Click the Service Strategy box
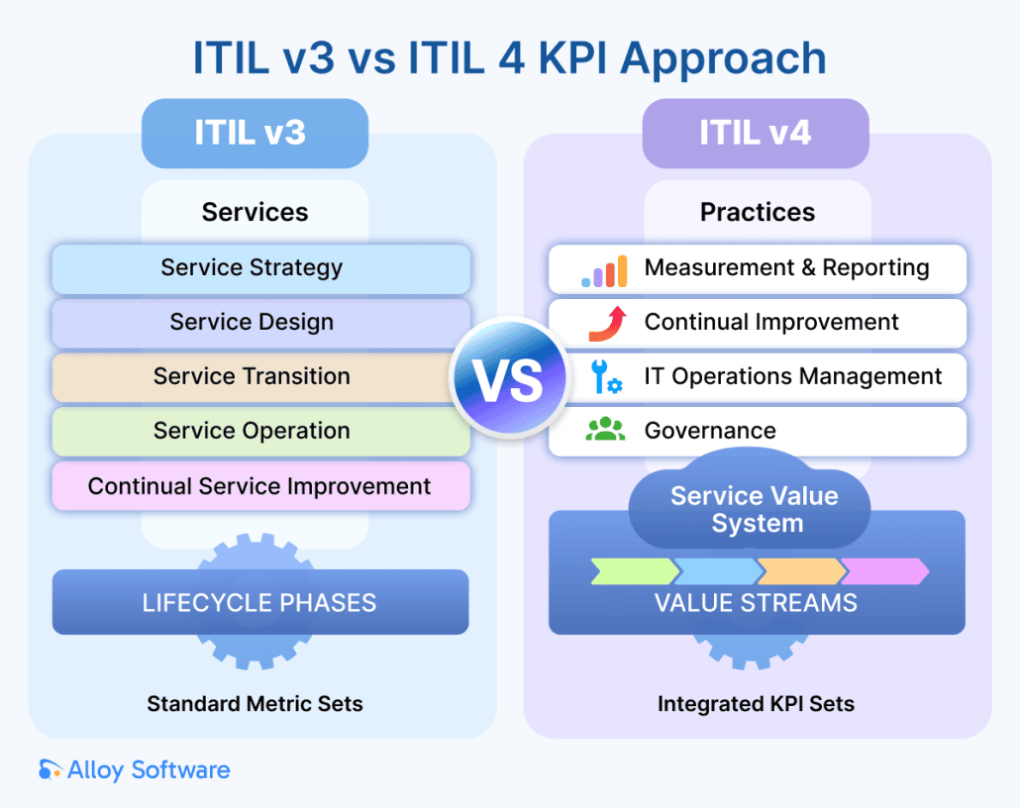[260, 268]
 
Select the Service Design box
[260, 323]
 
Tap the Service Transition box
[260, 377]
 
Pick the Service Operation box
[260, 432]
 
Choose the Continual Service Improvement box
[260, 486]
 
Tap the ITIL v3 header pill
[255, 133]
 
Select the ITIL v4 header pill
[756, 133]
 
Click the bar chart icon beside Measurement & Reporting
[604, 270]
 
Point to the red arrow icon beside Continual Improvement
[607, 323]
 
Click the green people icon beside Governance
[605, 430]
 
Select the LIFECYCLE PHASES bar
[259, 602]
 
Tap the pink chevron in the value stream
[883, 571]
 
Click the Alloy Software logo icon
[50, 769]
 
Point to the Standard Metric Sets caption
[255, 704]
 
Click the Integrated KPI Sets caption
[756, 704]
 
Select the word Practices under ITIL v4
[758, 212]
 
